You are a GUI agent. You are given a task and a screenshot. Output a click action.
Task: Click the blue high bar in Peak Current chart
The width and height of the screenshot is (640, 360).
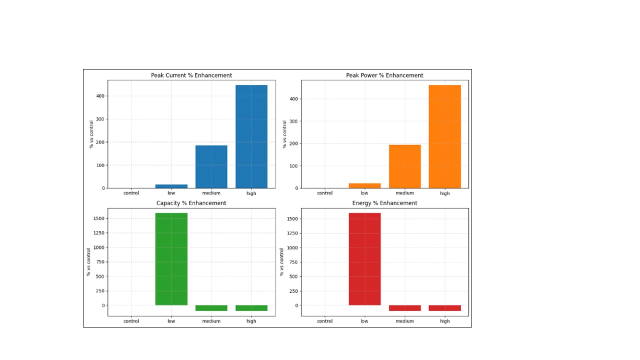click(x=251, y=136)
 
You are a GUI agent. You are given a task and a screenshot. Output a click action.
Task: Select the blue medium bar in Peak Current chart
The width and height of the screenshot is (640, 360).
click(x=211, y=166)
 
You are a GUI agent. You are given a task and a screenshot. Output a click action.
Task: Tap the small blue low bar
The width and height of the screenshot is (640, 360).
click(x=171, y=186)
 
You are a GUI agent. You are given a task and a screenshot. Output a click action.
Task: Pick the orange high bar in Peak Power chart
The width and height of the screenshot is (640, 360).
click(x=444, y=136)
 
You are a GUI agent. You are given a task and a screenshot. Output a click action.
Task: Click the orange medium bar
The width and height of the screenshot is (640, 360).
click(x=405, y=166)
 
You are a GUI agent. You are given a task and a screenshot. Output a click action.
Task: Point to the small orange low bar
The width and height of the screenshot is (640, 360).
click(x=364, y=185)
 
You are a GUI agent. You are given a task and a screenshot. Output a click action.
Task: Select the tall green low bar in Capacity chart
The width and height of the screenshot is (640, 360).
click(x=171, y=259)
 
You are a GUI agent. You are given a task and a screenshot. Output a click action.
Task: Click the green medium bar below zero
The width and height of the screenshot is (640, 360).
click(x=211, y=308)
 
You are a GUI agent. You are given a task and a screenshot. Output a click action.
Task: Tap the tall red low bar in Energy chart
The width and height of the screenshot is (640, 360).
click(x=364, y=259)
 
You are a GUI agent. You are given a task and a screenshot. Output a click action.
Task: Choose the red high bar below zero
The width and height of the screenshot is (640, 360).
click(x=444, y=308)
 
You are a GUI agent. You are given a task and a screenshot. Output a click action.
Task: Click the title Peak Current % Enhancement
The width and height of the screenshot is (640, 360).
click(x=191, y=75)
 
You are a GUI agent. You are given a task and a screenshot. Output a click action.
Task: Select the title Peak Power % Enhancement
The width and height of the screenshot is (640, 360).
click(x=384, y=75)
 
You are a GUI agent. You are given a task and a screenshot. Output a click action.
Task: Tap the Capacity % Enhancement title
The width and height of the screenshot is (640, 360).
click(x=191, y=203)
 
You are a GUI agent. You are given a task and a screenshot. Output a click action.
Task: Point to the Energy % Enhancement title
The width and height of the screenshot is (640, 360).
click(x=384, y=203)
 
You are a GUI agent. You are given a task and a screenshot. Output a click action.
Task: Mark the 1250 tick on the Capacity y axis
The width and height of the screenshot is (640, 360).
click(x=98, y=233)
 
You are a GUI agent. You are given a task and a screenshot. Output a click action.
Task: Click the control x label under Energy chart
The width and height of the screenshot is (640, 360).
click(x=324, y=321)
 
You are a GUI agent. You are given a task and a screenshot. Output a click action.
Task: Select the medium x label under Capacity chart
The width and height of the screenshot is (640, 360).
click(x=211, y=321)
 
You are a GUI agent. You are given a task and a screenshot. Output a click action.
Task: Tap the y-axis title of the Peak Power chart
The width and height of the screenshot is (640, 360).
click(x=284, y=134)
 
